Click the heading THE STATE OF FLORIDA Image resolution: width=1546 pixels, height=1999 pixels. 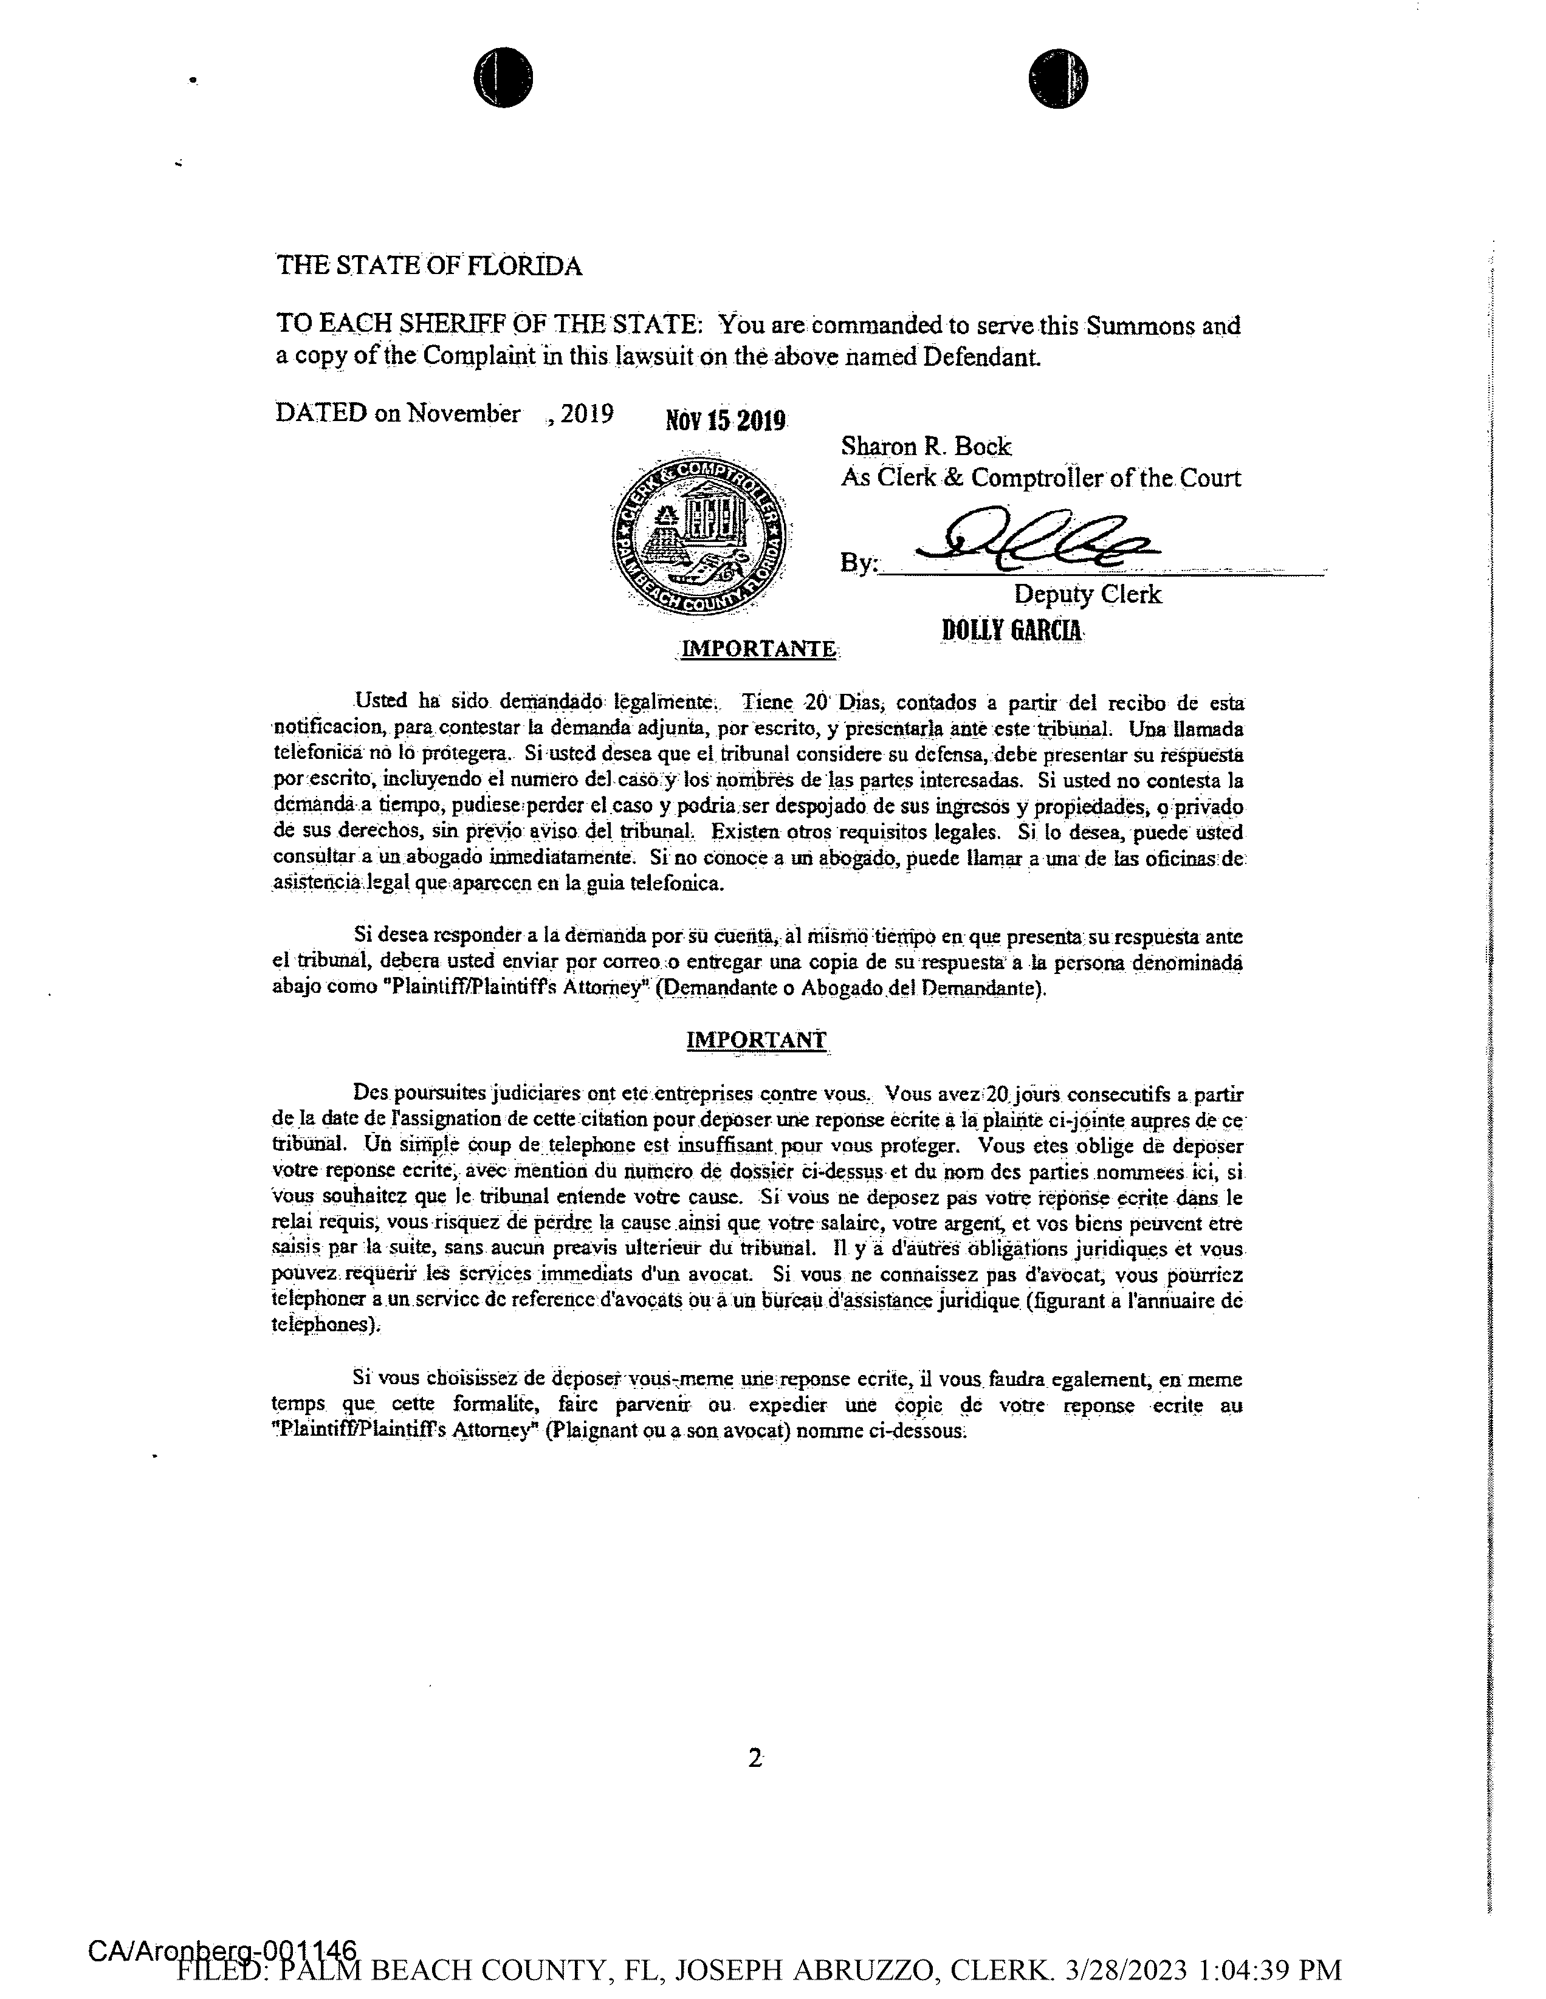[x=428, y=266]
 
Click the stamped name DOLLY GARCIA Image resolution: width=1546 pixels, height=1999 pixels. [x=1012, y=631]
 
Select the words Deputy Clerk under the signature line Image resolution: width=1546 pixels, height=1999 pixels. [x=1087, y=594]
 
